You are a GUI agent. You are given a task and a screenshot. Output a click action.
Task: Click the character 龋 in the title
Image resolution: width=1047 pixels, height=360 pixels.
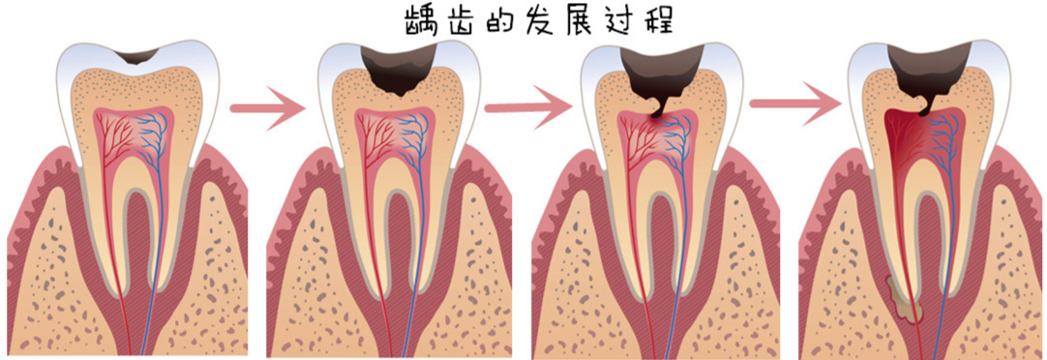point(423,21)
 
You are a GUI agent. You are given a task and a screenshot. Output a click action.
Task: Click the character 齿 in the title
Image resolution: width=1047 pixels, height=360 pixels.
point(462,21)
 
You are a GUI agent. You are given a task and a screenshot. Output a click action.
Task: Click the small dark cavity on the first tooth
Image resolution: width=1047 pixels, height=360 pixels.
point(135,53)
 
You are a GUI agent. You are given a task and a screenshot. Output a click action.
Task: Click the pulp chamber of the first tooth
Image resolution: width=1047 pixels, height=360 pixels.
point(136,135)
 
